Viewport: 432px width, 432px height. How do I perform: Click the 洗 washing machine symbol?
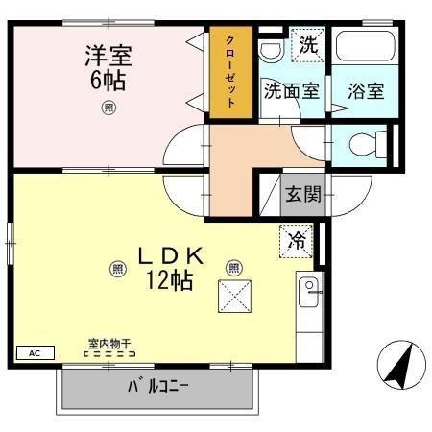click(306, 44)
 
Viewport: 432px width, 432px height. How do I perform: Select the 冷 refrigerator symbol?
click(299, 240)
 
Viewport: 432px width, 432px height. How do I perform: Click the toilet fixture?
click(364, 145)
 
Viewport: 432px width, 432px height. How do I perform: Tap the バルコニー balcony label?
click(158, 388)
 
